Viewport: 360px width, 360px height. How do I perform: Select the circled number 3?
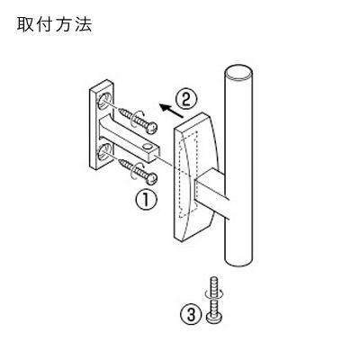click(191, 315)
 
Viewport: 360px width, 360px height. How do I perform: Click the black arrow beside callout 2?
click(171, 110)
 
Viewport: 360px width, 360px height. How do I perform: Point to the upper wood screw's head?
click(152, 129)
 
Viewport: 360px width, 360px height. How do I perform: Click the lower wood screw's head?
click(152, 179)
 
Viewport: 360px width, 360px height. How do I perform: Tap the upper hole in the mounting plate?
click(103, 101)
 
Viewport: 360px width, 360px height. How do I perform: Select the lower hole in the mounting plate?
click(103, 152)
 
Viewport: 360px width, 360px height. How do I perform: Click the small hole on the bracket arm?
click(147, 146)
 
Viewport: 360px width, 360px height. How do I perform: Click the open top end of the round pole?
click(238, 73)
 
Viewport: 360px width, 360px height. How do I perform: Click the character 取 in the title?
click(24, 25)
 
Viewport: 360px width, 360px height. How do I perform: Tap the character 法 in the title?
click(84, 25)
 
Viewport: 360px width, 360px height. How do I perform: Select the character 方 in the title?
click(64, 25)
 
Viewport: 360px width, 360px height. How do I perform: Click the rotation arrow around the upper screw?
click(139, 120)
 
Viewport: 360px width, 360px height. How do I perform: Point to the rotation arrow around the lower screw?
click(139, 170)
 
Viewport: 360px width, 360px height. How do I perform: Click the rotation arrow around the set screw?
click(213, 293)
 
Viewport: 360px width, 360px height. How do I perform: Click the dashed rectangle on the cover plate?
click(188, 175)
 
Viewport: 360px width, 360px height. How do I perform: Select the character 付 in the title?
click(44, 25)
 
